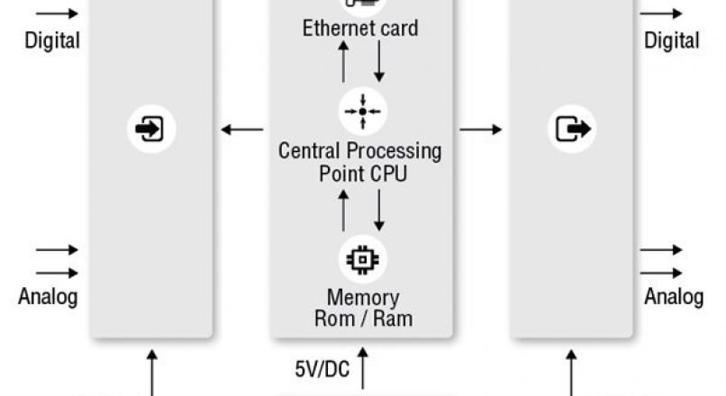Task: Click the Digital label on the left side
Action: (52, 40)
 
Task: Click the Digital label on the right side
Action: (671, 40)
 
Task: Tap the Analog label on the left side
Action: (48, 296)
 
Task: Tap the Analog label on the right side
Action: (673, 296)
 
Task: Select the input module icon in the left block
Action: (150, 129)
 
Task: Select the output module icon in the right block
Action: (572, 129)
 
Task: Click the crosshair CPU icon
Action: (362, 111)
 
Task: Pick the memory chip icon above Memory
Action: (362, 259)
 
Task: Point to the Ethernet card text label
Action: (360, 29)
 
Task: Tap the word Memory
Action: (362, 297)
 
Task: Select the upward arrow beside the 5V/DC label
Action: (363, 369)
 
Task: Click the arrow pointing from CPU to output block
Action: (481, 130)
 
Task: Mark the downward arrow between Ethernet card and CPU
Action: (379, 61)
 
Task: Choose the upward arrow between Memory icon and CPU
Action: (343, 210)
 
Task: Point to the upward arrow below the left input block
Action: (151, 373)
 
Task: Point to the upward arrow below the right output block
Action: (572, 373)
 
